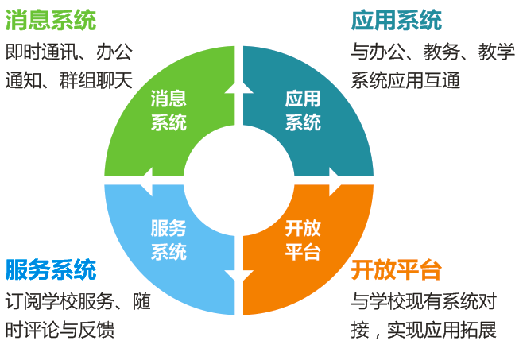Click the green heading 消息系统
(x=51, y=20)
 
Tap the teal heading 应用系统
(x=397, y=20)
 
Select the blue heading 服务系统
(x=51, y=269)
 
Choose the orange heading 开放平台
(x=397, y=269)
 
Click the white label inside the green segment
(x=168, y=110)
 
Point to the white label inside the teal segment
(x=303, y=110)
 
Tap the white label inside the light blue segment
(x=168, y=239)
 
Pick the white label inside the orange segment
(x=303, y=239)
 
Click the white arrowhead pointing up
(x=239, y=87)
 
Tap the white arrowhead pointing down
(x=239, y=276)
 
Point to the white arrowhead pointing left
(x=146, y=180)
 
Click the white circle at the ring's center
(x=239, y=180)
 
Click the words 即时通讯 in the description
(x=41, y=52)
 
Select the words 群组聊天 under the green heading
(x=96, y=80)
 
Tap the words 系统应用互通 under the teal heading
(x=405, y=80)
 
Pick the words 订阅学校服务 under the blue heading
(x=60, y=301)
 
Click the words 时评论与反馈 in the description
(x=60, y=330)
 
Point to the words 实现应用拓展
(x=442, y=330)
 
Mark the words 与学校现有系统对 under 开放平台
(x=424, y=301)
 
